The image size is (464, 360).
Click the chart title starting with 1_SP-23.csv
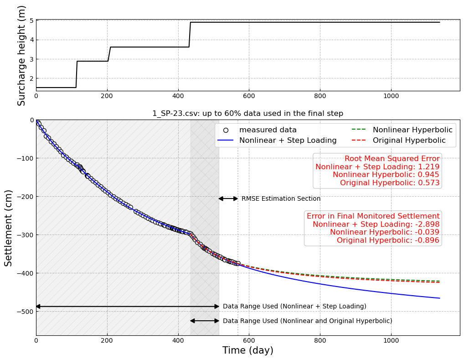tap(247, 114)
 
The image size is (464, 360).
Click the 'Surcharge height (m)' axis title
tap(21, 55)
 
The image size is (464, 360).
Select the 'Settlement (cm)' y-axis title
tap(9, 228)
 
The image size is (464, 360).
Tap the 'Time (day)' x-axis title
tap(247, 350)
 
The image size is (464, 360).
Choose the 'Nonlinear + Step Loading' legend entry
tap(288, 141)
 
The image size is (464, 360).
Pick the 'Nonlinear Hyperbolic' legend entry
tap(412, 130)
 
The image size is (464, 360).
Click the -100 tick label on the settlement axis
tap(26, 158)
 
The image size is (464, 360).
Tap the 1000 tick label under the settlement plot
tap(391, 340)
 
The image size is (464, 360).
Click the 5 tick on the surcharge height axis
tap(31, 21)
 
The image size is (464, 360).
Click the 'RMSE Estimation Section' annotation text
tap(281, 199)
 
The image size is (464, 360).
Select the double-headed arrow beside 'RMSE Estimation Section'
tap(228, 198)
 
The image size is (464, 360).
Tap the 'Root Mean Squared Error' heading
tap(392, 159)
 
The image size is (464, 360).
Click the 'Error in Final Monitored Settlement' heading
tap(373, 216)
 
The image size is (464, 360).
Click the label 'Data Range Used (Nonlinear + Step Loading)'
tap(294, 307)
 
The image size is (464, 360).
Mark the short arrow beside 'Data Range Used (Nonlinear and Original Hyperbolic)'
tap(205, 321)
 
